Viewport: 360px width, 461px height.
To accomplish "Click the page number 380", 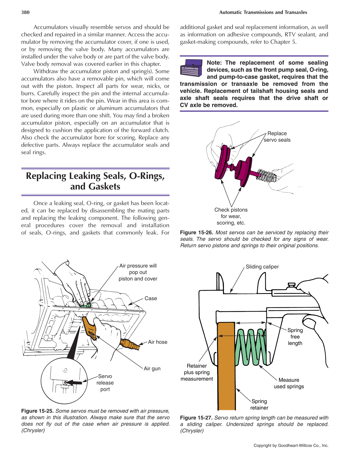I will [25, 12].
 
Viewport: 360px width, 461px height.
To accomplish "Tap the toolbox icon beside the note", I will [191, 68].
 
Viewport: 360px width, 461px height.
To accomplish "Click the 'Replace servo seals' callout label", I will [277, 137].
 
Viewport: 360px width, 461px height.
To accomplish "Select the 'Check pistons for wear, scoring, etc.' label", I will [231, 216].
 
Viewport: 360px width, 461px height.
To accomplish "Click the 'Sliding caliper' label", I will [262, 267].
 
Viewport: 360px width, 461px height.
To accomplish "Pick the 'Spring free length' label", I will [295, 337].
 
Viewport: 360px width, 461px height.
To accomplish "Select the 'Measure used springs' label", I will [289, 383].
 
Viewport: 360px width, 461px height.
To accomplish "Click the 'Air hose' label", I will [158, 342].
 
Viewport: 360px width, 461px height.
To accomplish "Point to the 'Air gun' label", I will [152, 368].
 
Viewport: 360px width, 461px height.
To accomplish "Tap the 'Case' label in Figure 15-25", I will [151, 298].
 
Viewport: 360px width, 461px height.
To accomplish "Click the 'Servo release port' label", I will [105, 383].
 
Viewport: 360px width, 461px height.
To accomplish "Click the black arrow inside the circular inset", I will [74, 382].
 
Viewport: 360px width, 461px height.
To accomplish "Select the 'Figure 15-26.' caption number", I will [196, 233].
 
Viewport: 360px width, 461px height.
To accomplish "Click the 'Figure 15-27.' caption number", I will [196, 418].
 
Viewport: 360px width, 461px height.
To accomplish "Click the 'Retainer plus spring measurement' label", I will [197, 372].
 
